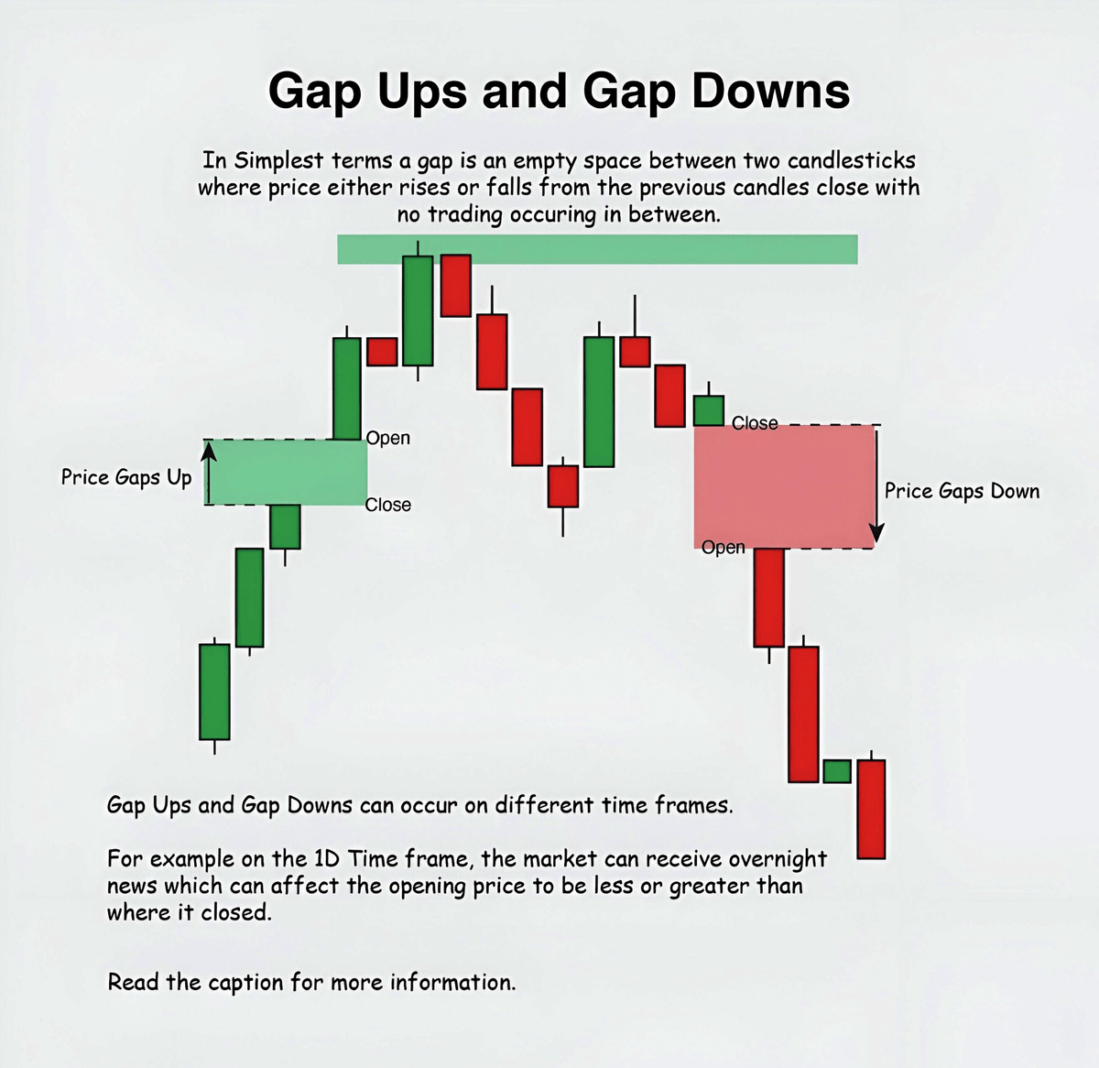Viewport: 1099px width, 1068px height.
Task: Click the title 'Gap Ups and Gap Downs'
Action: (x=559, y=92)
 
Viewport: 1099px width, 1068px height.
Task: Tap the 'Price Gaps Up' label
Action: (x=126, y=477)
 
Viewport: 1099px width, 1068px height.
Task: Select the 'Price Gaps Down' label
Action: (x=962, y=491)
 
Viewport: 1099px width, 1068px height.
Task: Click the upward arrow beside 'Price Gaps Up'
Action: (x=209, y=472)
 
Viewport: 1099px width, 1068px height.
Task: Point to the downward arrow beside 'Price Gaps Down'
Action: (x=876, y=485)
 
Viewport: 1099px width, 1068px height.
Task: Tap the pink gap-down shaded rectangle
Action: (x=783, y=486)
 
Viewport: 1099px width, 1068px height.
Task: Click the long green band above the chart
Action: (x=597, y=249)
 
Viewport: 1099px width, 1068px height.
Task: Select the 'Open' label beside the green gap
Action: (x=388, y=438)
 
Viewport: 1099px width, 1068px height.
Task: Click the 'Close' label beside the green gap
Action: (x=388, y=505)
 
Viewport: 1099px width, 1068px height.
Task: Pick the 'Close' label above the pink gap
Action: (x=755, y=423)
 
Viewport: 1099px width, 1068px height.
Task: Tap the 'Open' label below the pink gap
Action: (x=724, y=548)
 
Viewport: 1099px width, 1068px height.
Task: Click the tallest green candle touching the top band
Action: (x=418, y=311)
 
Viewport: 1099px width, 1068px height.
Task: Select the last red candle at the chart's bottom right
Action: (x=871, y=809)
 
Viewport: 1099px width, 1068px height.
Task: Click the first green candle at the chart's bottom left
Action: (x=214, y=692)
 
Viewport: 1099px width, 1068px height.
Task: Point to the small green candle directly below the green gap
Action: (x=285, y=527)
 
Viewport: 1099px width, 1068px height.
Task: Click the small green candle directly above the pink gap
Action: (x=708, y=409)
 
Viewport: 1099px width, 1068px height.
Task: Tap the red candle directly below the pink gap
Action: (x=769, y=597)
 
